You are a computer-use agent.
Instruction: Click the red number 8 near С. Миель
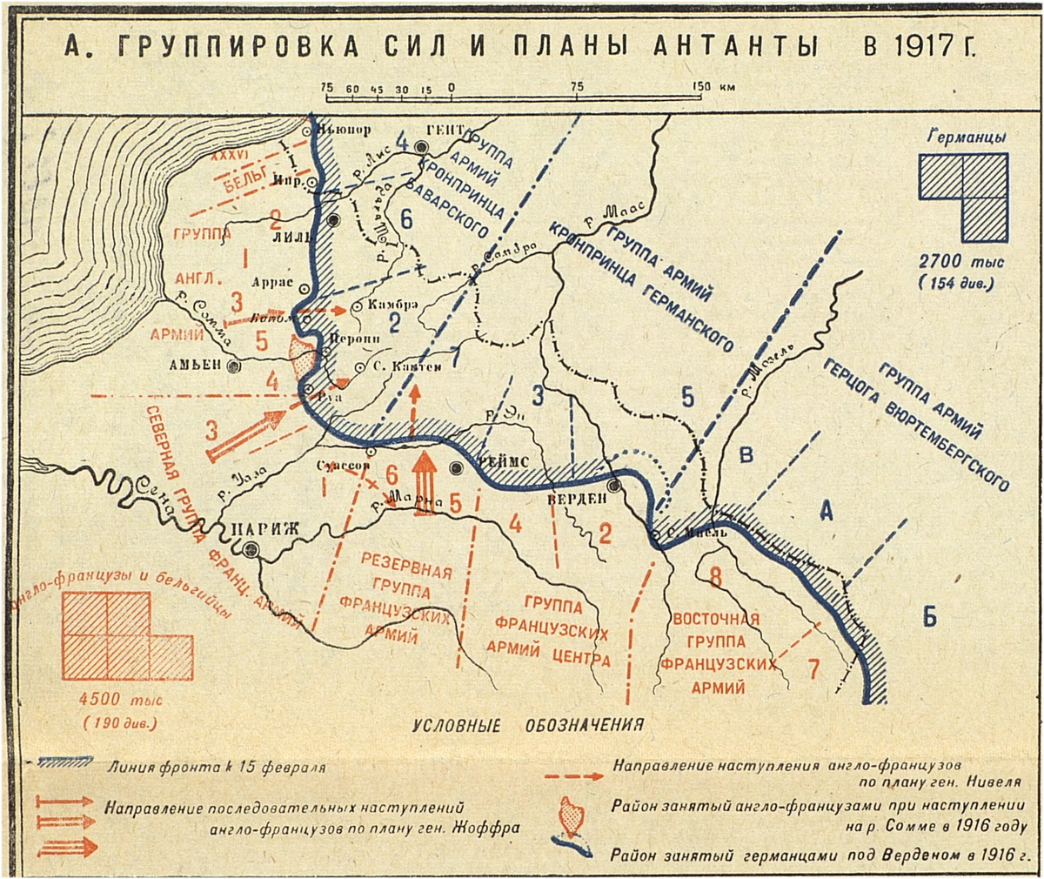click(x=714, y=576)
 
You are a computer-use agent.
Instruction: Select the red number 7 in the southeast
click(x=813, y=669)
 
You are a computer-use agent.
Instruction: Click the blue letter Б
click(x=929, y=619)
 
